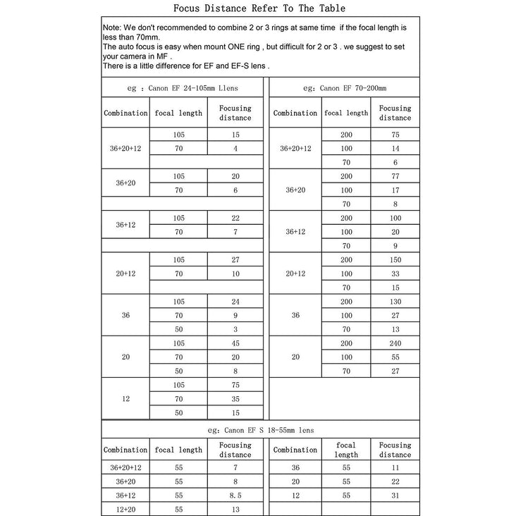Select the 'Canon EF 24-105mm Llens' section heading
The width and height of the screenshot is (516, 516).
click(183, 88)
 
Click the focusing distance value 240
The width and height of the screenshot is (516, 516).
click(395, 344)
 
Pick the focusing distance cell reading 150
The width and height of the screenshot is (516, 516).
click(395, 260)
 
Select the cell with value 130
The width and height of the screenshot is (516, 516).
click(395, 302)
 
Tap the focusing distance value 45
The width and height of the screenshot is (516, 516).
click(235, 344)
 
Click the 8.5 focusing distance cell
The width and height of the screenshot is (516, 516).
click(235, 496)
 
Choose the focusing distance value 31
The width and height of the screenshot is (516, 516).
click(395, 496)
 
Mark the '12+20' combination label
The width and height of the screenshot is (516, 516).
click(125, 508)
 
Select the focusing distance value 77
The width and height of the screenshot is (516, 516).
click(395, 176)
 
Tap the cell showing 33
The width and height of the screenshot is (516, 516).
click(395, 274)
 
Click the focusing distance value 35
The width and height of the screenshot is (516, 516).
click(235, 398)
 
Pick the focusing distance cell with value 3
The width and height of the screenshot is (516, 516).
click(235, 329)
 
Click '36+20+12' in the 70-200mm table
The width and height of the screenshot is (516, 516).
click(295, 149)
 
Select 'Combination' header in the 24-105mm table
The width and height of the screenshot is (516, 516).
click(125, 113)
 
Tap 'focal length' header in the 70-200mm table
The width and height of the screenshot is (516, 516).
click(346, 113)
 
